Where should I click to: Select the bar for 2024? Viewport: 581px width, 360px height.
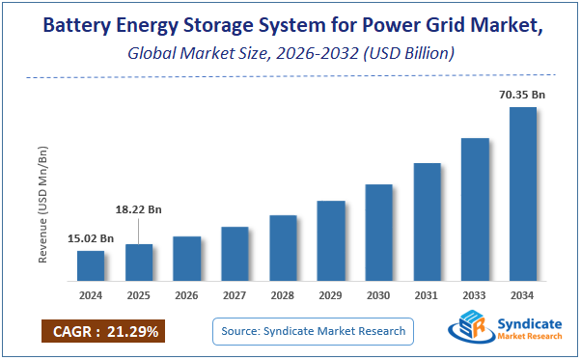coord(91,263)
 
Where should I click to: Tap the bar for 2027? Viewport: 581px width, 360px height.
coord(235,252)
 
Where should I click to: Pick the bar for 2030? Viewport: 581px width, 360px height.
coord(379,231)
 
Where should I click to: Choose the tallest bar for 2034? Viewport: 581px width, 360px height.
coord(523,192)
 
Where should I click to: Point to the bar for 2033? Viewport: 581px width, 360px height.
coord(475,208)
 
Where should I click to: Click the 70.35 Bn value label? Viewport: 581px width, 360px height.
coord(522,94)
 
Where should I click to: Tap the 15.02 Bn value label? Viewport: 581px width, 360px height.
coord(91,238)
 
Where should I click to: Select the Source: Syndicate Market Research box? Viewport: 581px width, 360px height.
coord(313,332)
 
